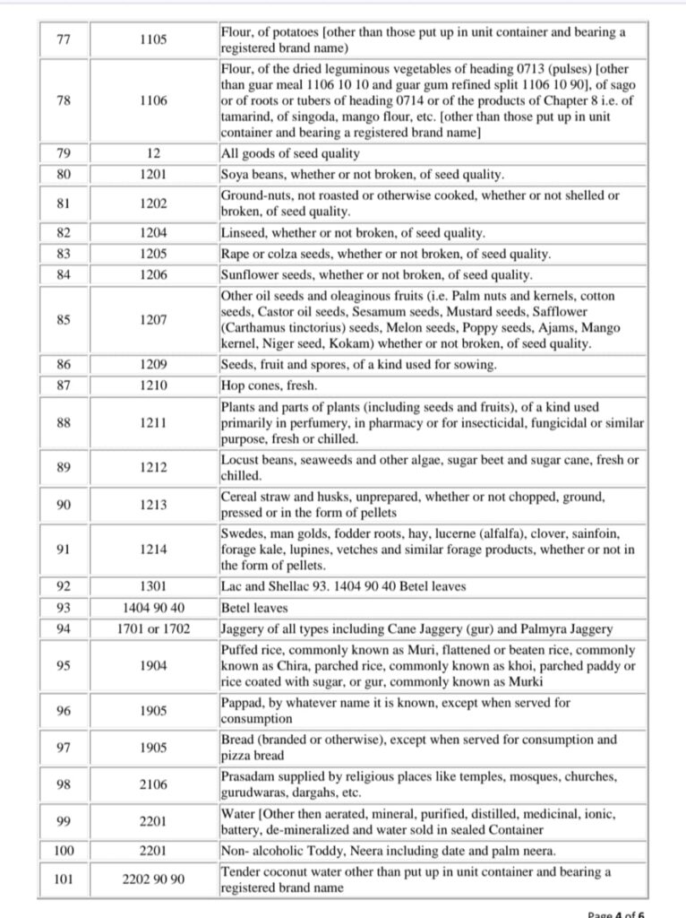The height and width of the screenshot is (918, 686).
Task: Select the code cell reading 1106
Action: click(153, 101)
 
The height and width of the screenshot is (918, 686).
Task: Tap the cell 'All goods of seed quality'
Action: click(278, 153)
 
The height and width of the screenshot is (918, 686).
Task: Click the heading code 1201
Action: click(153, 174)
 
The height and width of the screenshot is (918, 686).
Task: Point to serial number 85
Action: click(63, 318)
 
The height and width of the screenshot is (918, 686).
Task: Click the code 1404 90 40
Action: click(153, 608)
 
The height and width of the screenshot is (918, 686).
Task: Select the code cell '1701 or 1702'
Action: click(153, 629)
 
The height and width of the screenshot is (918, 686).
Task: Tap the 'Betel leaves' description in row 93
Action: click(253, 608)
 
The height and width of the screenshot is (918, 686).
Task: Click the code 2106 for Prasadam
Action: click(153, 784)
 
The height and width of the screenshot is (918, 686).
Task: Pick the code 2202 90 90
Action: click(153, 879)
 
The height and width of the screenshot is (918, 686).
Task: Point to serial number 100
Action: click(63, 849)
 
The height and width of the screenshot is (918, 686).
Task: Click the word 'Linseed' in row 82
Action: click(243, 232)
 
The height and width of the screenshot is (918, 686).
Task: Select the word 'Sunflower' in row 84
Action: click(251, 275)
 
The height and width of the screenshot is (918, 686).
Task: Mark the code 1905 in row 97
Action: click(153, 748)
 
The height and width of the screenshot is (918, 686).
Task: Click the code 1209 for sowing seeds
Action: click(153, 365)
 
